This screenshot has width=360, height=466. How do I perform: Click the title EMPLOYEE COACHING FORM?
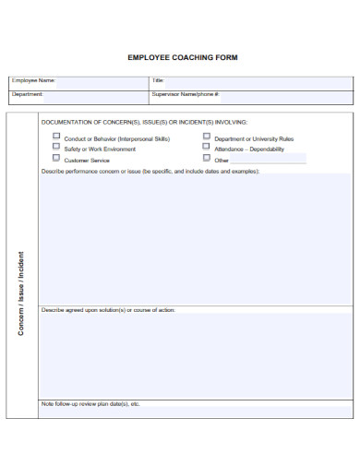pos(182,57)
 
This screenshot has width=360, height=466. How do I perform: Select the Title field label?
pos(158,81)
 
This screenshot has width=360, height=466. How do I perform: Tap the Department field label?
pos(28,94)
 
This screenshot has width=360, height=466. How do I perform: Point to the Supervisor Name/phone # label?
pos(186,94)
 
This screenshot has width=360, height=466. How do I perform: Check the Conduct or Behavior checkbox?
pos(56,137)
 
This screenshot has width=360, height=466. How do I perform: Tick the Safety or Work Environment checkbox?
pos(56,148)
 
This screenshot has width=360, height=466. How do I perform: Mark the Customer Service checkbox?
pos(56,159)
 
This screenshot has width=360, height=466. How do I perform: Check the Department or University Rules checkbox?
pos(206,137)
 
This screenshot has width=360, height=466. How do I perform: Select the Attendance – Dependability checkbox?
pos(206,148)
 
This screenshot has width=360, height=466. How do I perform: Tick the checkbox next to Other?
pos(206,159)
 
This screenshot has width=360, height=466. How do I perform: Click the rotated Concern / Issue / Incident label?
pos(21,293)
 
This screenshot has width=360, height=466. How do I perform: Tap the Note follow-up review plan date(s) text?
pos(90,404)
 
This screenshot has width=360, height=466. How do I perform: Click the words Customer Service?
pos(87,161)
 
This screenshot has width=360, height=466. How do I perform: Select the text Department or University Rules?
pos(254,138)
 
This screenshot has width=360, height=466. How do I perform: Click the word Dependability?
pos(267,149)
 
